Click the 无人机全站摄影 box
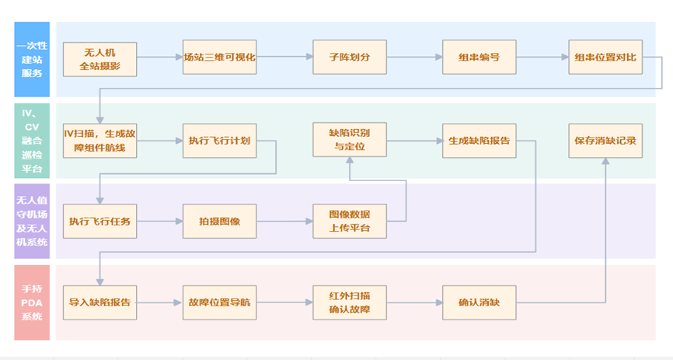coord(99,59)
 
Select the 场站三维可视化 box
coord(219,58)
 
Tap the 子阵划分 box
coord(349,58)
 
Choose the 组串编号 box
coord(479,58)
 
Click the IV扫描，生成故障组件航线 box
coord(99,141)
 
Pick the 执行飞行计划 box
coord(219,141)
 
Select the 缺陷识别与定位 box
coord(349,141)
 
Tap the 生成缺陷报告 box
coord(479,141)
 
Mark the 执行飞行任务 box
coord(99,222)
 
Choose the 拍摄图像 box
coord(219,222)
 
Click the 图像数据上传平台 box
coord(349,222)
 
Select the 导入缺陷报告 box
coord(99,302)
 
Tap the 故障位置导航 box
coord(219,302)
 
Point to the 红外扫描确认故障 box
coord(349,302)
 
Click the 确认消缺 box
coord(479,302)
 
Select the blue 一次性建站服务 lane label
coord(32,59)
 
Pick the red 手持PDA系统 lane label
coord(32,302)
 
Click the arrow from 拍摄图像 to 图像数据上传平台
coord(284,222)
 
